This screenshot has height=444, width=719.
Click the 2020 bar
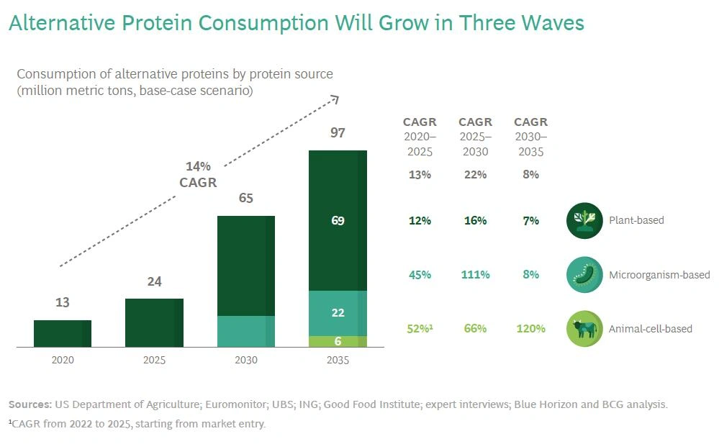pos(63,334)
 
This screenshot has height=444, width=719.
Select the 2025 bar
pos(154,323)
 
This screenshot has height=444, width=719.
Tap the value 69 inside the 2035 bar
pos(338,221)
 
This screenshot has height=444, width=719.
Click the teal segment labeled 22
pos(338,313)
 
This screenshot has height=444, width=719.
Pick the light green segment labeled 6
pos(338,342)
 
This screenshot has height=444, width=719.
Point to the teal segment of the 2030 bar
pos(246,331)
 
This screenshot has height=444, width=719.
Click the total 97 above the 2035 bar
pos(338,133)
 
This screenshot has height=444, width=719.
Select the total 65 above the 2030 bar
pos(246,199)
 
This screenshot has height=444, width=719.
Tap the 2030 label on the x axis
pos(246,360)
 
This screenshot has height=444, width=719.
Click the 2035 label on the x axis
pos(338,360)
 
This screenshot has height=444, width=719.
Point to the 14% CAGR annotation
pos(197,175)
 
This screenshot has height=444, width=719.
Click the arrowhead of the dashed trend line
pos(335,99)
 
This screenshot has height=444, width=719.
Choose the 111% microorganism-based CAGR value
pos(475,275)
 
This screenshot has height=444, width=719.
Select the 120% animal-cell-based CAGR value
pos(530,329)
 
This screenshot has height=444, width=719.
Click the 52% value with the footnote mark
pos(419,329)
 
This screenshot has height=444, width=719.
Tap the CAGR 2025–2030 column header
pos(475,137)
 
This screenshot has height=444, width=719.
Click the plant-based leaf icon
pos(584,220)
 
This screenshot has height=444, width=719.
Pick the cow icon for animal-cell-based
pos(584,329)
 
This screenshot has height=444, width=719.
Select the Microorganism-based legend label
pos(659,275)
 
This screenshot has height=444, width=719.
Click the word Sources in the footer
pos(30,404)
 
